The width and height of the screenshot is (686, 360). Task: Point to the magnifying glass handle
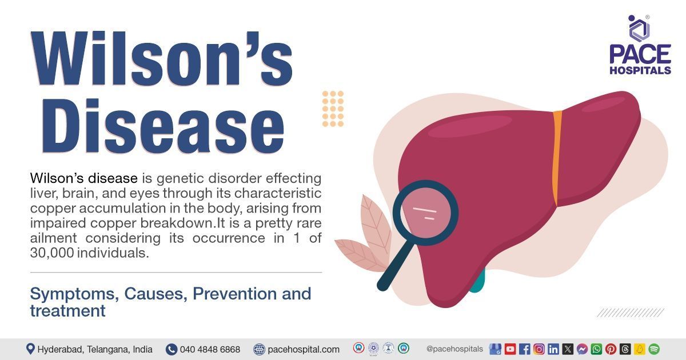tap(394, 269)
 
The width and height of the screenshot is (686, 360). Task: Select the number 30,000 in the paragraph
tap(52, 253)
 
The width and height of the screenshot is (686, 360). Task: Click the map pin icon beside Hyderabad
tap(30, 349)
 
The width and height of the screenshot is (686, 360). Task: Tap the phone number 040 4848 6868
tap(210, 349)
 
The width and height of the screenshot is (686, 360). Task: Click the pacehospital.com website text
tap(304, 349)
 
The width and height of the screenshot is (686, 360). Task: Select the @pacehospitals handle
tap(454, 349)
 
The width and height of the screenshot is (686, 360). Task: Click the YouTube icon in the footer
tap(510, 349)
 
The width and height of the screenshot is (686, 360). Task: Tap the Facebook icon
tap(524, 349)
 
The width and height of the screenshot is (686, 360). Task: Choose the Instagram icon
tap(539, 349)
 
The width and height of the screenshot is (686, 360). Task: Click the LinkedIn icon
tap(553, 349)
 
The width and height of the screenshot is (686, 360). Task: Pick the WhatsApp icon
tap(596, 349)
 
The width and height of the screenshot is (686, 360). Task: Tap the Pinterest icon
tap(611, 349)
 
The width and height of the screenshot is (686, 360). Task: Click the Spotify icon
tap(654, 349)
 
